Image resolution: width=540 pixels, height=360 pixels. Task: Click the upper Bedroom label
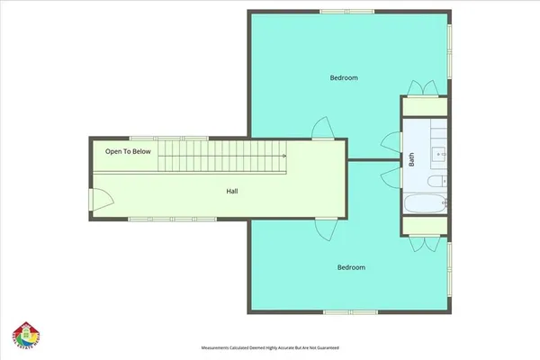[344, 78]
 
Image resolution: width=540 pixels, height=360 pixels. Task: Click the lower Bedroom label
[351, 267]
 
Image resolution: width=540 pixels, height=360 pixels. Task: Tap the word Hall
[232, 191]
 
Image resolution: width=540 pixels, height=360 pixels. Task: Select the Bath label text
[412, 159]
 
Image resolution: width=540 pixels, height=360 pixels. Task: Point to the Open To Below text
[128, 151]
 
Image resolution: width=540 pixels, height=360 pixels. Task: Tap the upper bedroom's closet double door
[423, 87]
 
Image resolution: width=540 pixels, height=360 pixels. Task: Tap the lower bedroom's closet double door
[423, 243]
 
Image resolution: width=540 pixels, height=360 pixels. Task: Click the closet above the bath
[424, 104]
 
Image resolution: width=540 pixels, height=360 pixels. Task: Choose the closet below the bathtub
[424, 227]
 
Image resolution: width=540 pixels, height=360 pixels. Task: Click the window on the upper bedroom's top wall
[343, 11]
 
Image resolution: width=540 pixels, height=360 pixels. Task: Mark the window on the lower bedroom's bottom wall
[337, 311]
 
